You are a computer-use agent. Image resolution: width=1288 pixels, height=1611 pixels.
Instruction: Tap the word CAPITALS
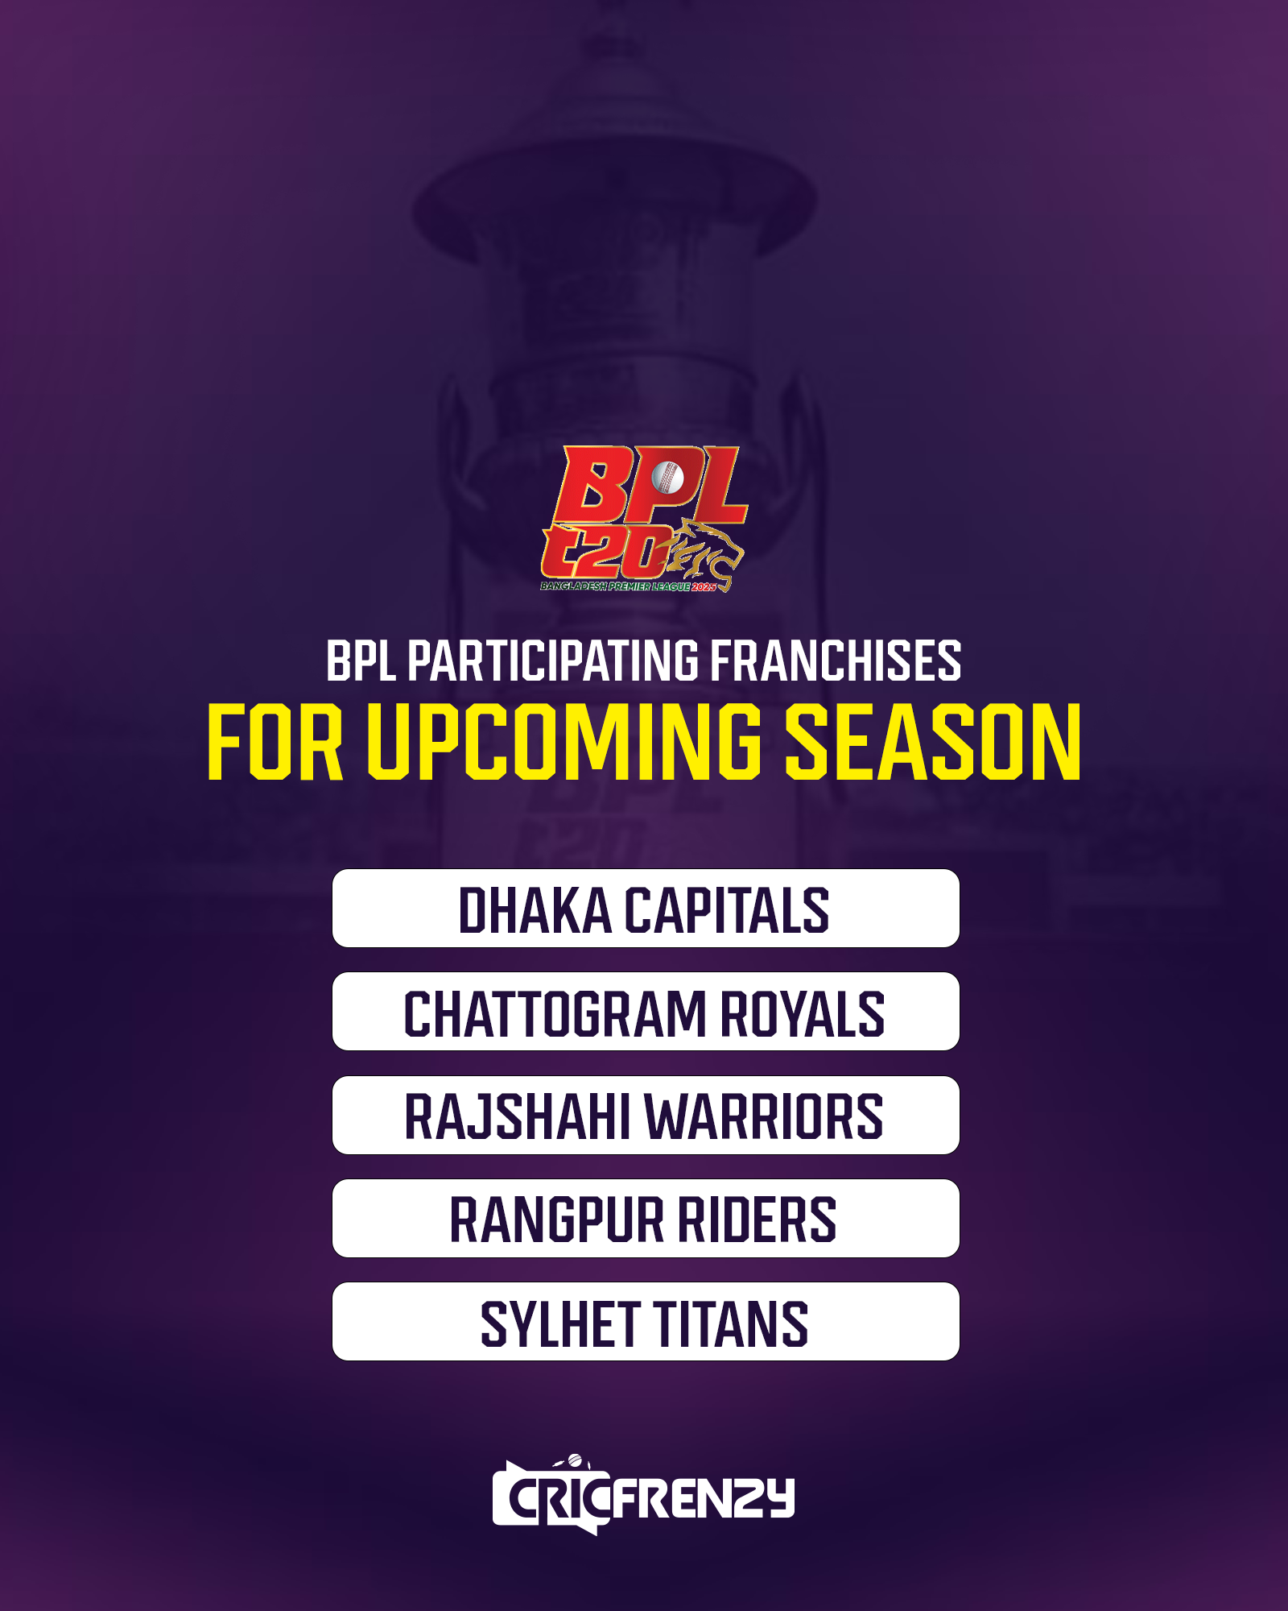727,910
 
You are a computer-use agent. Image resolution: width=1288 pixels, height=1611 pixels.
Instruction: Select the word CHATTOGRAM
555,1013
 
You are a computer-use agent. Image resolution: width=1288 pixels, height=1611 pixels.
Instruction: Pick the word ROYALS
802,1013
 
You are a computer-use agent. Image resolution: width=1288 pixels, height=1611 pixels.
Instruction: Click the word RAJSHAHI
518,1116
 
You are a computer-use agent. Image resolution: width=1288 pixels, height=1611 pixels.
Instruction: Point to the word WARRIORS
764,1116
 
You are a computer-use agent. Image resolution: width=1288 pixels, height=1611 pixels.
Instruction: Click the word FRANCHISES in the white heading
836,661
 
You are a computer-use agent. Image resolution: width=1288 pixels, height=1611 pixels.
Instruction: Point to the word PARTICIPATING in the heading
553,661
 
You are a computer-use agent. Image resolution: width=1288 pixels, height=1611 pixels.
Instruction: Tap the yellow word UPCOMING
564,741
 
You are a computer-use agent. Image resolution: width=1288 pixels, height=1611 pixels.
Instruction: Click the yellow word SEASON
933,741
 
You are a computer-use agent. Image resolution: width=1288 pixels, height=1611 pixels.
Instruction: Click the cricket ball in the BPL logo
667,478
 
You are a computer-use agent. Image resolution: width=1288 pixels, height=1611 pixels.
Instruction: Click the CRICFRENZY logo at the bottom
643,1495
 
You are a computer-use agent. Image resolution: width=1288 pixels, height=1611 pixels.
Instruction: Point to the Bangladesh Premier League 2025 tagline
628,586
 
